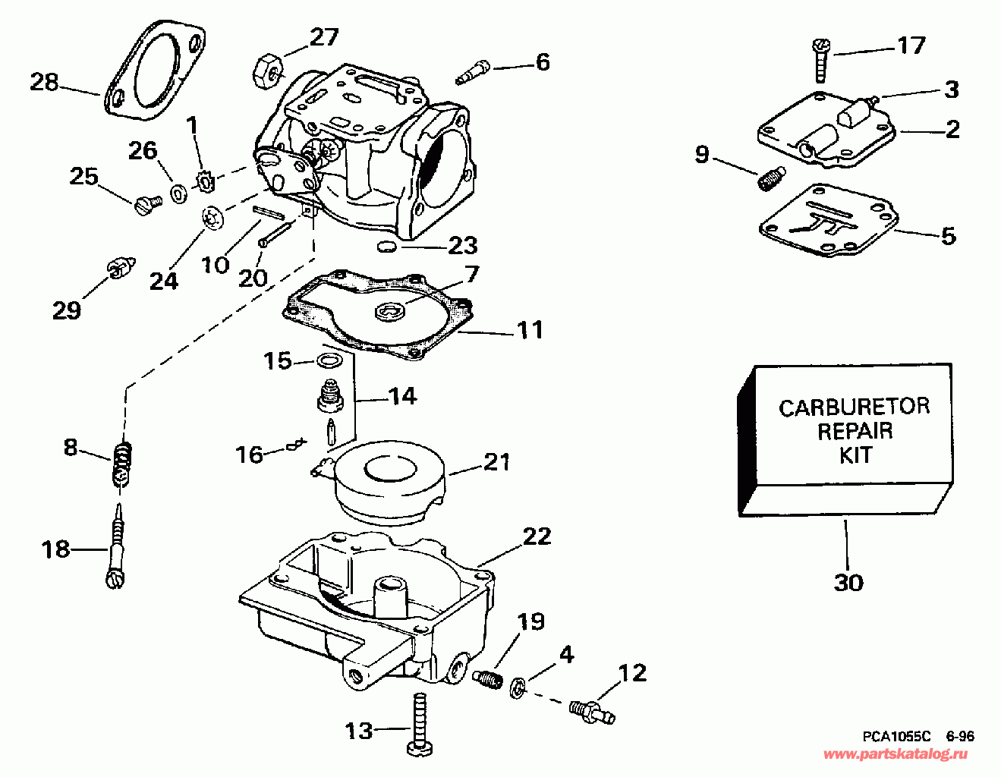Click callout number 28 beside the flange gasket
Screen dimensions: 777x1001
[x=44, y=82]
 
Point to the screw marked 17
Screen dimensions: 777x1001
[x=820, y=60]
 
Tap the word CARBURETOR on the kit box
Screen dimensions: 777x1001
[x=854, y=407]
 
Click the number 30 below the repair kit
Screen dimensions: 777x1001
[x=848, y=583]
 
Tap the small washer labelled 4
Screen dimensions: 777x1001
[x=518, y=685]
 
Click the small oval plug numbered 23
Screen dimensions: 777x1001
[x=386, y=247]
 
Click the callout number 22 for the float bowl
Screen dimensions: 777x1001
[x=537, y=537]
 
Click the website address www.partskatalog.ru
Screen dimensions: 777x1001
[x=896, y=754]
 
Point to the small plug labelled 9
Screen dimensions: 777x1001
[x=770, y=179]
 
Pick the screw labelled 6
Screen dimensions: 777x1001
[x=474, y=73]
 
